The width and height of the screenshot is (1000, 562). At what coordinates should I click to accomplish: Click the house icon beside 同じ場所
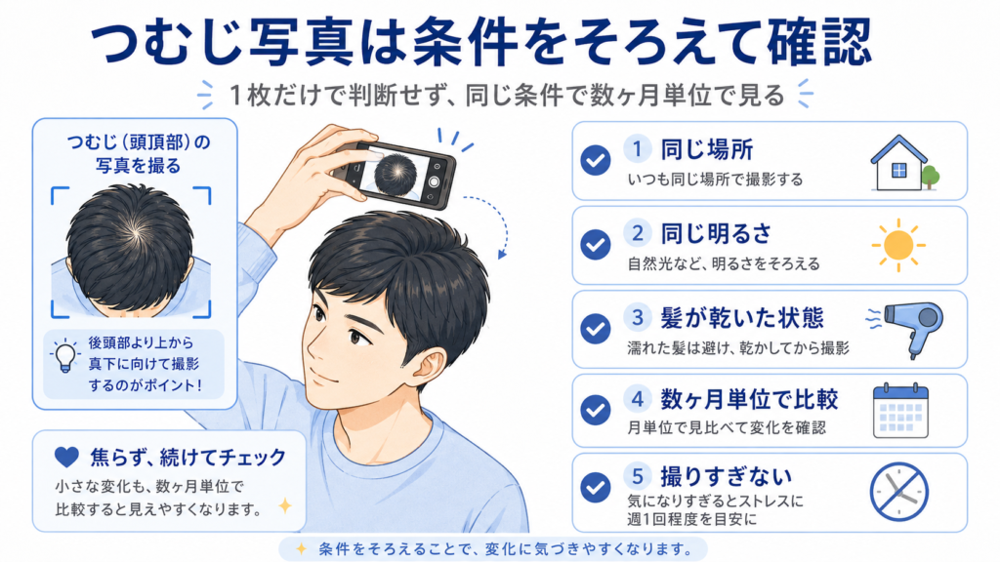[x=898, y=163]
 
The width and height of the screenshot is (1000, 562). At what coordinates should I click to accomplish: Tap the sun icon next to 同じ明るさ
[x=898, y=245]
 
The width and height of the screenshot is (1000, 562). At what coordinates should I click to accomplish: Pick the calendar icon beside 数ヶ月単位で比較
[x=900, y=411]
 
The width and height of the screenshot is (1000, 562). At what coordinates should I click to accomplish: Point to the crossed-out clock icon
[x=898, y=492]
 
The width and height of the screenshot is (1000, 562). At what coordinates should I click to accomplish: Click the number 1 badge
[x=637, y=149]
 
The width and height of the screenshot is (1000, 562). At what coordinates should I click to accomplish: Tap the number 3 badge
[x=637, y=317]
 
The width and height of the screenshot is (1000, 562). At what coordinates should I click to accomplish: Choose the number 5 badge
[x=637, y=475]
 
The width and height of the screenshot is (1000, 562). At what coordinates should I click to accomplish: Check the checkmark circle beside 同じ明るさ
[x=596, y=244]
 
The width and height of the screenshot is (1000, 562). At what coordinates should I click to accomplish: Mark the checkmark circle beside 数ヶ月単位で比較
[x=596, y=410]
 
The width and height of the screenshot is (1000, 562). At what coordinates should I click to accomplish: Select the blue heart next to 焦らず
[x=66, y=457]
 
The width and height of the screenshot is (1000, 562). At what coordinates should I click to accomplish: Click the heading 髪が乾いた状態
[x=742, y=317]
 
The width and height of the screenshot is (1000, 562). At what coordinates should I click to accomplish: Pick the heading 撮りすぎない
[x=726, y=476]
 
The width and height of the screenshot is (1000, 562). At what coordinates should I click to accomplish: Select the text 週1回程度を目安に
[x=692, y=519]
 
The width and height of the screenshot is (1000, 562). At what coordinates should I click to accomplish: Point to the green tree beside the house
[x=931, y=177]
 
